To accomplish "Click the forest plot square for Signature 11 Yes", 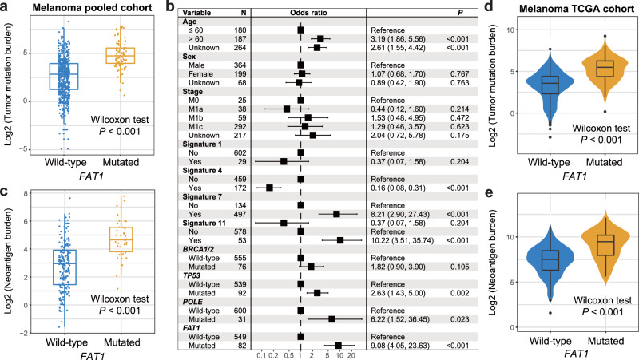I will tap(340, 239).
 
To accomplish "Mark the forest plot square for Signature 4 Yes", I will tap(270, 187).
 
